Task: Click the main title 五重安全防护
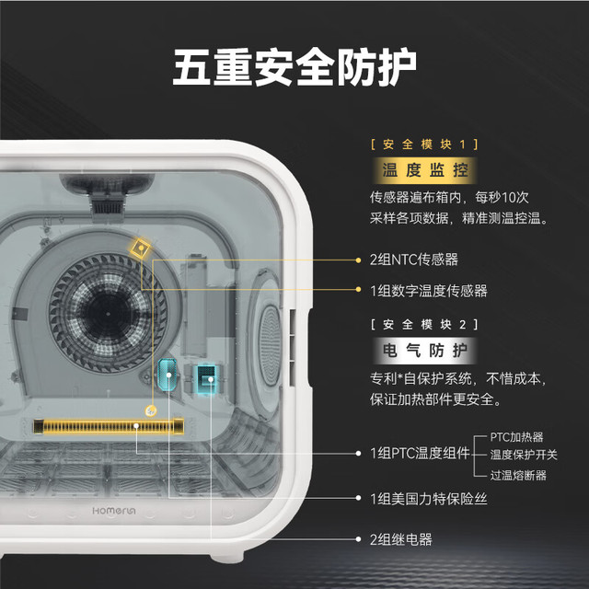coord(294,66)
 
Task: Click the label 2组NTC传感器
coord(413,260)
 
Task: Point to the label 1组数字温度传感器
coord(428,291)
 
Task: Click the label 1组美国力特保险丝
coord(428,497)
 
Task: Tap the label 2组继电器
coord(400,539)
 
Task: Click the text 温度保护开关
coord(524,455)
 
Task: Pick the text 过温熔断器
coord(518,475)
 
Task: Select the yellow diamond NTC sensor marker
coord(140,246)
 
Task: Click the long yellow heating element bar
coord(109,426)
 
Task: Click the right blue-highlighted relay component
coord(206,377)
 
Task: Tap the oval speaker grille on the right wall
coord(268,331)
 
